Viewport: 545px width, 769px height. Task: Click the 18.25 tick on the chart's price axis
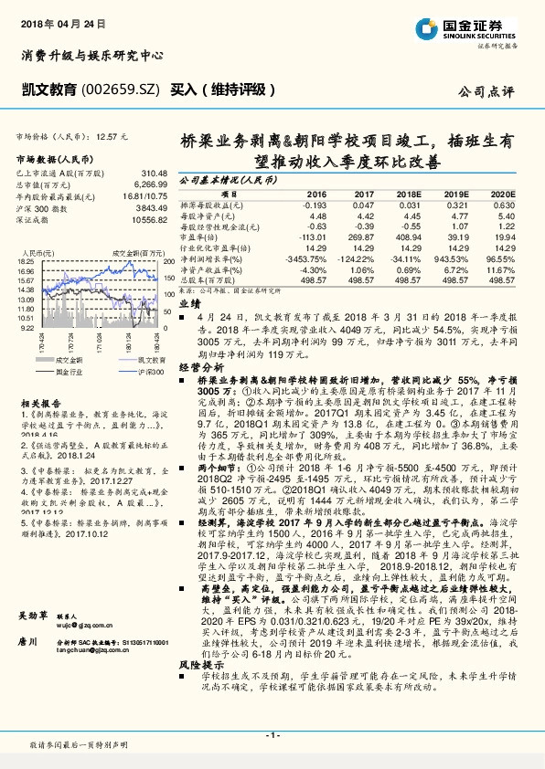click(25, 261)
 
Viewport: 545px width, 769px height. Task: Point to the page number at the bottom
click(272, 734)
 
